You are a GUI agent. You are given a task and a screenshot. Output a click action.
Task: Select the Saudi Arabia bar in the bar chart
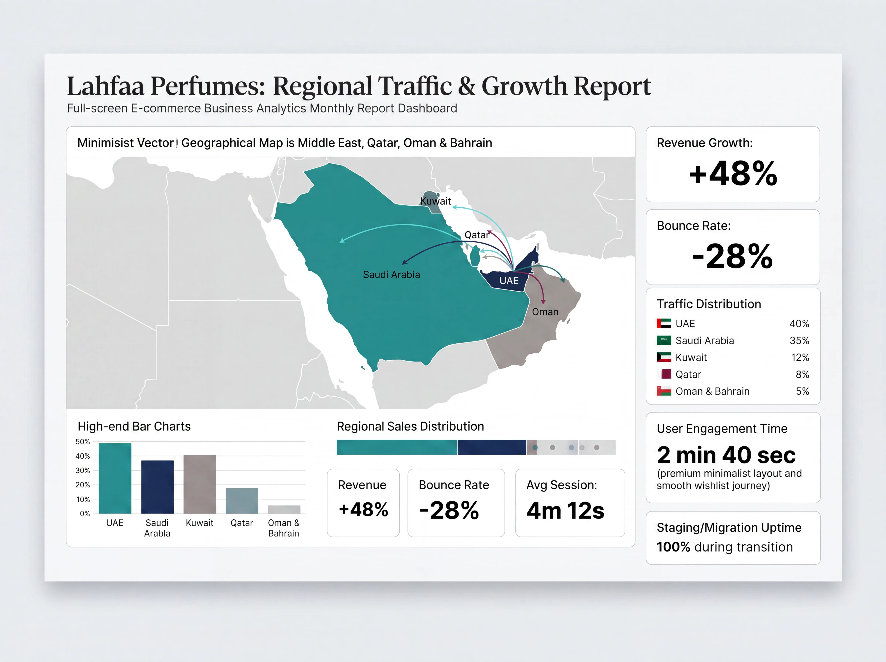tap(157, 487)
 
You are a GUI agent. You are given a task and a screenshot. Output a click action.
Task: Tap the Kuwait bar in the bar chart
tap(200, 484)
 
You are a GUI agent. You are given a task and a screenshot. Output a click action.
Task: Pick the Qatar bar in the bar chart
tap(242, 501)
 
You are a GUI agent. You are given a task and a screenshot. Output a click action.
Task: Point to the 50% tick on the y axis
tap(83, 442)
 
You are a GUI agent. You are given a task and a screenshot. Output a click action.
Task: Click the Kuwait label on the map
tap(436, 201)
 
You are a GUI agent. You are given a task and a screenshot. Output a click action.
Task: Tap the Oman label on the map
tap(545, 312)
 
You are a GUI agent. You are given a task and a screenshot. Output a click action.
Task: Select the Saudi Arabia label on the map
tap(391, 274)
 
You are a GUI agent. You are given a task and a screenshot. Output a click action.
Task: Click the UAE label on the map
tap(509, 281)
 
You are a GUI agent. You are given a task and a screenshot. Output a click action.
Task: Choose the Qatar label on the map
tap(476, 235)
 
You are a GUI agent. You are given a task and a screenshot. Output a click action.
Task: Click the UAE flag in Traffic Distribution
tap(664, 323)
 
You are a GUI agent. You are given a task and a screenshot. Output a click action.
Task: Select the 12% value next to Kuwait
tap(800, 357)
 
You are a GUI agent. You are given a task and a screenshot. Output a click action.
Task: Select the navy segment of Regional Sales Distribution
tap(492, 447)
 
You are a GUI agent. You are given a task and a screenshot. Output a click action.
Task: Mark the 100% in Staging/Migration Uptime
tap(673, 547)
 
